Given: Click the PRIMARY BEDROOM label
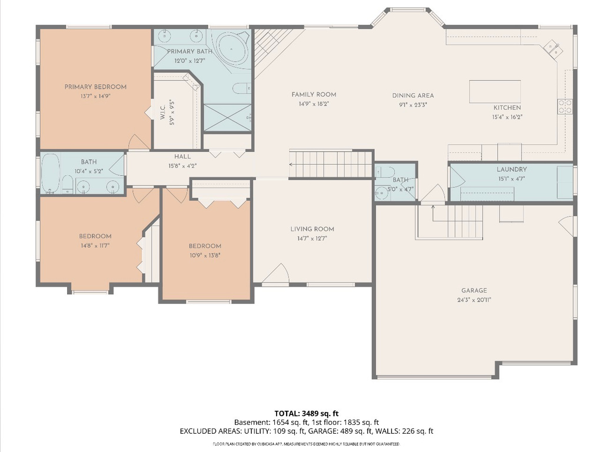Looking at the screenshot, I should (x=95, y=87).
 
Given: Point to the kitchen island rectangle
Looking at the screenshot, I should (x=494, y=91).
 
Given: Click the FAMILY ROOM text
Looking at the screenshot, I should (x=314, y=95).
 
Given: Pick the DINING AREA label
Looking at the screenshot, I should (x=413, y=95).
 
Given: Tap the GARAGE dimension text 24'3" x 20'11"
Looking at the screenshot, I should (x=474, y=300).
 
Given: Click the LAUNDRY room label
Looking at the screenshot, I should (x=511, y=169).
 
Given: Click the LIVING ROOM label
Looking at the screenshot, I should (x=312, y=230).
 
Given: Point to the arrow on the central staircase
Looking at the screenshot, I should (x=292, y=165).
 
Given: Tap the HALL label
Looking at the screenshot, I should (x=182, y=157).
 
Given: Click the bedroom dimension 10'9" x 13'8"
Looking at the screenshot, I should (x=205, y=255).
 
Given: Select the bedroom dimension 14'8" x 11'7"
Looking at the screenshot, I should (x=95, y=245).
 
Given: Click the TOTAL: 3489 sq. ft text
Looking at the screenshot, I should (x=306, y=413).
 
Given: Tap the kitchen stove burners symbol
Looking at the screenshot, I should (x=565, y=106).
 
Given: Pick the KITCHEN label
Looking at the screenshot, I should (x=507, y=108).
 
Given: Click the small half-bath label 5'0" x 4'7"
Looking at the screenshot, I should (x=401, y=189).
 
